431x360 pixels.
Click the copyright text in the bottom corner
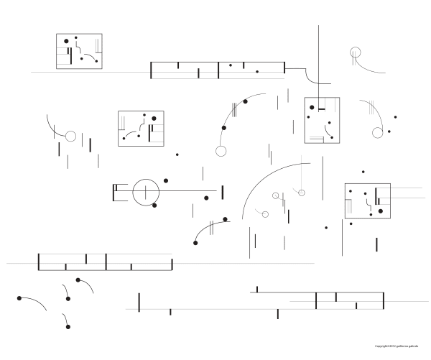coord(400,346)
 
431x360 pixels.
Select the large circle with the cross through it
coord(144,191)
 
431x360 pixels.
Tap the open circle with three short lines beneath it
coord(355,52)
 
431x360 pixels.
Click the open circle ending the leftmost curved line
coord(70,136)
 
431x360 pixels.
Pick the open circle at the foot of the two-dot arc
coord(221,151)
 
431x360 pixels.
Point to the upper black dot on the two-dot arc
coord(245,102)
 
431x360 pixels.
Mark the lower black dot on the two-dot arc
coord(223,128)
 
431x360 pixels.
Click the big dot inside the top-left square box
coord(67,42)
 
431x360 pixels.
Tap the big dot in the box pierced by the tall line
coord(312,109)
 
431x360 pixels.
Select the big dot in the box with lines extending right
coord(375,191)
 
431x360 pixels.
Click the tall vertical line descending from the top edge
coord(318,50)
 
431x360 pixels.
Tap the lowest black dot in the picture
coord(68,327)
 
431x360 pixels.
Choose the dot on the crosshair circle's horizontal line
coord(206,198)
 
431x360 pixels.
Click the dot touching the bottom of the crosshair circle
coord(153,206)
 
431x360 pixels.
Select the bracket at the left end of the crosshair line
coord(115,191)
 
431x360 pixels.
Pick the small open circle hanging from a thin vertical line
coord(302,192)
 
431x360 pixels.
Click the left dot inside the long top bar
coord(230,65)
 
